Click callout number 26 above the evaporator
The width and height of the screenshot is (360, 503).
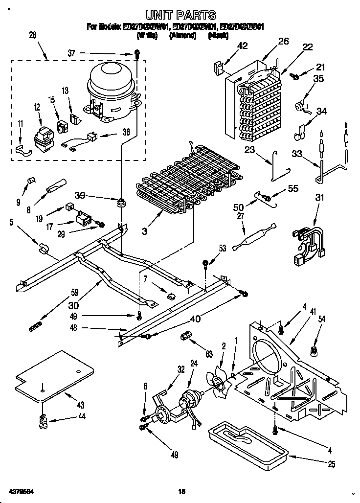(284, 42)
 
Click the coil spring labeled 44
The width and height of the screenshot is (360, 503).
(44, 420)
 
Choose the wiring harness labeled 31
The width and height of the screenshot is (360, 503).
(307, 240)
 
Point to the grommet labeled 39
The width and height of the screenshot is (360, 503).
(119, 202)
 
